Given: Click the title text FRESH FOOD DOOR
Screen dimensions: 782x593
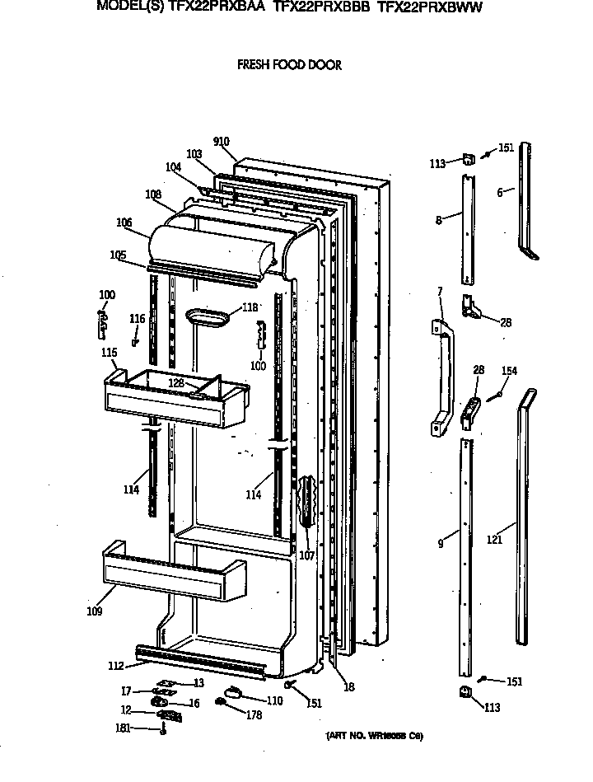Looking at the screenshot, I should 289,65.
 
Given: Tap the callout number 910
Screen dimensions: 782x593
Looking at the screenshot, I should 221,142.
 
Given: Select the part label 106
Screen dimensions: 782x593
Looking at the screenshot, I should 124,222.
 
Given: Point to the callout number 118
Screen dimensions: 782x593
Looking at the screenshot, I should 250,307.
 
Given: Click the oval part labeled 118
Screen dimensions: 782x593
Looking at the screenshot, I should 209,317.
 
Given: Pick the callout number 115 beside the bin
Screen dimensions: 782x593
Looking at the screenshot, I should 109,353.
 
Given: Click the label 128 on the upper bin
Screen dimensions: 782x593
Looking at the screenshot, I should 175,383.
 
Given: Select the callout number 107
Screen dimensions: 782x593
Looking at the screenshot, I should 306,555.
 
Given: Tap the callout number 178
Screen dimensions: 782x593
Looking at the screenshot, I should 254,715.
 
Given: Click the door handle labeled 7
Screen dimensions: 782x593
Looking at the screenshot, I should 445,375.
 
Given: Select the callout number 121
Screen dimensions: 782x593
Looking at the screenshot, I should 494,541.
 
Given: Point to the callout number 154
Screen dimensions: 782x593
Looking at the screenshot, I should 509,372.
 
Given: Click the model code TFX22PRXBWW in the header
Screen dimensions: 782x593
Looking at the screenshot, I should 429,7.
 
